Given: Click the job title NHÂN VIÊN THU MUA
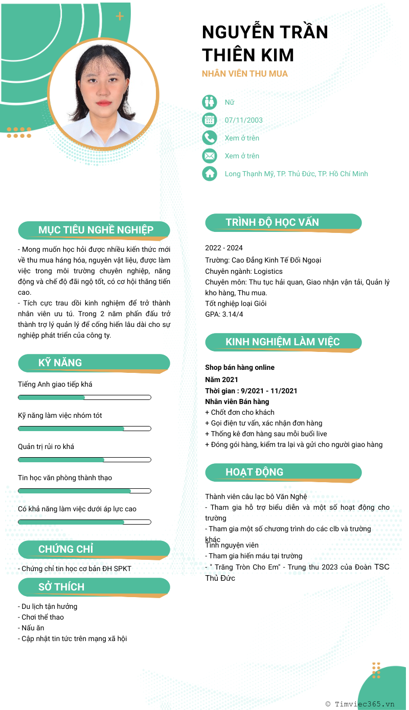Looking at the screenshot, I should click(x=245, y=74).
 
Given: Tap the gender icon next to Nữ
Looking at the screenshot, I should click(x=210, y=102).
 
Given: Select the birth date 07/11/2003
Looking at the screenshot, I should click(x=244, y=120).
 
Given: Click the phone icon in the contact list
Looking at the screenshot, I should click(x=210, y=138).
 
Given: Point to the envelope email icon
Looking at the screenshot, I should click(x=210, y=156).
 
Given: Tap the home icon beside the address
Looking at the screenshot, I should click(x=210, y=174).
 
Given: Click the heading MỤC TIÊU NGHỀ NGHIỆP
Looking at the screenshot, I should click(x=96, y=230).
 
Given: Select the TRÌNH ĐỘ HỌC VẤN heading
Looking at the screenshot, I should click(x=272, y=222).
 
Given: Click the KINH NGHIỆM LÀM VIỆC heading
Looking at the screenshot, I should click(x=282, y=342).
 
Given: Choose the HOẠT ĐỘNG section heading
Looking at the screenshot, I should click(x=254, y=472).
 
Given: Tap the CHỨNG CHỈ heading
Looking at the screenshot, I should click(x=66, y=549).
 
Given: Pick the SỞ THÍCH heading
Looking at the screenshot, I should click(x=61, y=587).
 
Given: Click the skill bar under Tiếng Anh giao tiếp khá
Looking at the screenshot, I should click(x=84, y=397).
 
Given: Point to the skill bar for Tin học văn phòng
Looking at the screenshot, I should click(x=84, y=491).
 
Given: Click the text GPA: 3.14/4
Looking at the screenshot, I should click(x=224, y=314).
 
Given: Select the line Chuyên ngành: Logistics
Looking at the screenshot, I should click(x=244, y=271).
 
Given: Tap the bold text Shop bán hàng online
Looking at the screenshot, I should click(x=240, y=367).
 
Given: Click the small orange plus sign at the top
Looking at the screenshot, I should click(x=120, y=16).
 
